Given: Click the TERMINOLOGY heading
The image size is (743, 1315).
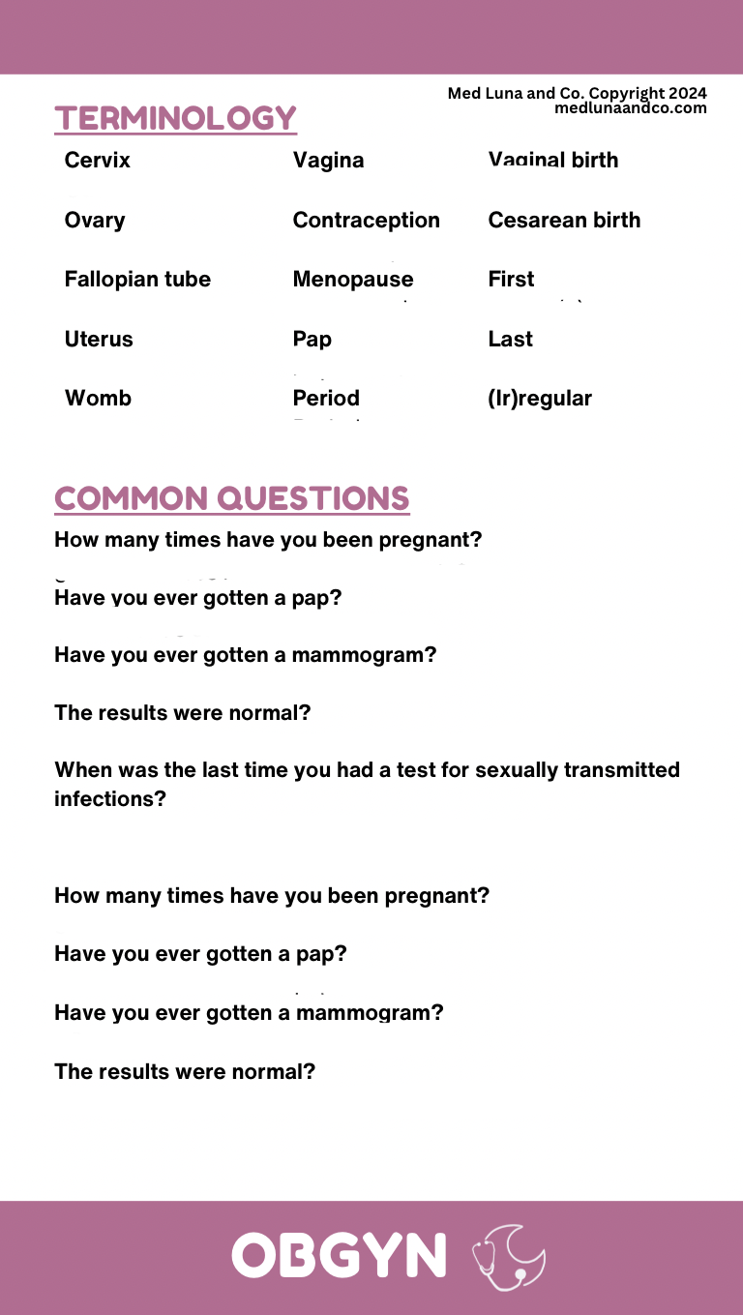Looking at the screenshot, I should coord(175,118).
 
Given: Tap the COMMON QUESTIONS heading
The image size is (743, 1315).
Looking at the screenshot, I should coord(232,498).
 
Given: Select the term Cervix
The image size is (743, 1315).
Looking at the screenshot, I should coord(97,161).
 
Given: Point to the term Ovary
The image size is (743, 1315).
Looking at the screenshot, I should coord(94,221).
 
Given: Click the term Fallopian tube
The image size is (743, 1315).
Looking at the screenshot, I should coord(137,280).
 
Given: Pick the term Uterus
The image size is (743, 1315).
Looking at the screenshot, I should coord(99,340).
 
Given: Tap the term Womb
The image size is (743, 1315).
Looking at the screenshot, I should coord(98,399).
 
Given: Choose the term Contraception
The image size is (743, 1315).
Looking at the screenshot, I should coord(366,221).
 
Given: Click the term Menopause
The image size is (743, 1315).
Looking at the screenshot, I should coord(352,280).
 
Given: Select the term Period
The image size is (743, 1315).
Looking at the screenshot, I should coord(326,399).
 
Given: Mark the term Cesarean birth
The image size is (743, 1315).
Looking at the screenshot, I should coord(564,221).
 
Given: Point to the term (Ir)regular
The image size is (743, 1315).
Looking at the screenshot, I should coord(540,399).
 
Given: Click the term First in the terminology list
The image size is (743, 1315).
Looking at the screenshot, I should coord(511,280).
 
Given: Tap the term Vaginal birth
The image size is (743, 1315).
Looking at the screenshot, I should coord(552,161).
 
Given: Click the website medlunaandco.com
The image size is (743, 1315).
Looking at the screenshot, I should coord(630,108).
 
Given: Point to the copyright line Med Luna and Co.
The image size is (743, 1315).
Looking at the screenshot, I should coord(577,94).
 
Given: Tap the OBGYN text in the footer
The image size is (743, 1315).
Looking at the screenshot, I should coord(339,1255).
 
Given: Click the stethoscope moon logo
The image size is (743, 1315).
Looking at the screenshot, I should coord(509,1257).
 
